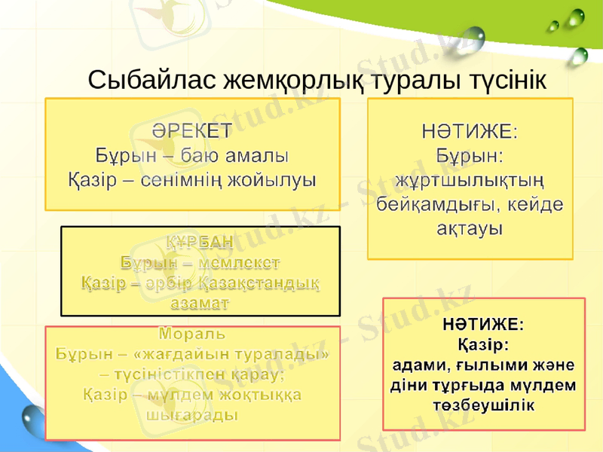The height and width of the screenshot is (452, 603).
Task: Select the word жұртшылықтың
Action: (x=471, y=181)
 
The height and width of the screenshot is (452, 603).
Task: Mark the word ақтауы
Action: (x=471, y=227)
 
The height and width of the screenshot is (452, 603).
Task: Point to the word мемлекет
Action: (x=243, y=262)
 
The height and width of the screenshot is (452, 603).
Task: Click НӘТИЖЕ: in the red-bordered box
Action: (x=484, y=325)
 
